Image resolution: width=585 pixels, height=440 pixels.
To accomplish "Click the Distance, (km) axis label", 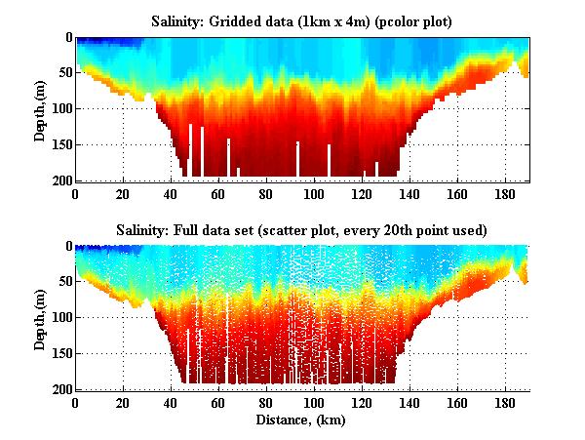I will (x=301, y=420).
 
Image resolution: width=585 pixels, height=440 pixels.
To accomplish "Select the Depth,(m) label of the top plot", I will (x=40, y=109).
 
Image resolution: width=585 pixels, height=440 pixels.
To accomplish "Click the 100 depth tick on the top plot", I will (x=58, y=108).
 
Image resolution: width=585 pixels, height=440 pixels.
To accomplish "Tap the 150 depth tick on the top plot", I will (x=58, y=144).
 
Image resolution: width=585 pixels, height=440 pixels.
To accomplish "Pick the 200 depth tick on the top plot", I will (x=58, y=180).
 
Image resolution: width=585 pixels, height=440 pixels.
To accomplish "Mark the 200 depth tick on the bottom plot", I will (x=58, y=389).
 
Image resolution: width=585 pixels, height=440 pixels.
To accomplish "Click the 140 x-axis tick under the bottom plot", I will (x=409, y=403).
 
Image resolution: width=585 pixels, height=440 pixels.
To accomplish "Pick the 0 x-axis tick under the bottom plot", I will (x=75, y=403).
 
